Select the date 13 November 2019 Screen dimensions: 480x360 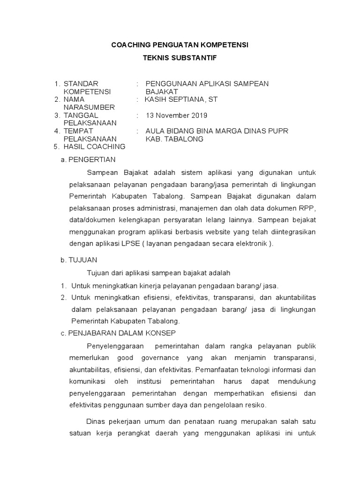click(x=177, y=115)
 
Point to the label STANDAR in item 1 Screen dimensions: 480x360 click(x=81, y=84)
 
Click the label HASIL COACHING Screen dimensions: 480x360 click(x=94, y=147)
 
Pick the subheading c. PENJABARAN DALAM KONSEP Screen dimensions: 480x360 click(x=118, y=333)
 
